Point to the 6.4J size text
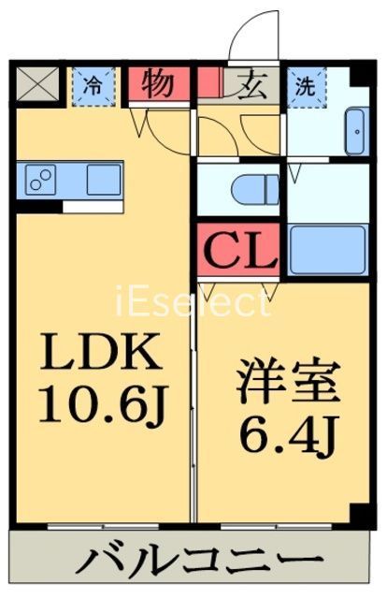[281, 434]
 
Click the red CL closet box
[237, 248]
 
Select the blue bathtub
[324, 249]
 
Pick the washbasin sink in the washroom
[355, 131]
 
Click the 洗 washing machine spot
[305, 83]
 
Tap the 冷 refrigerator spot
[93, 83]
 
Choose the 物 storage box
[157, 83]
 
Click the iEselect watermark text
[193, 303]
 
